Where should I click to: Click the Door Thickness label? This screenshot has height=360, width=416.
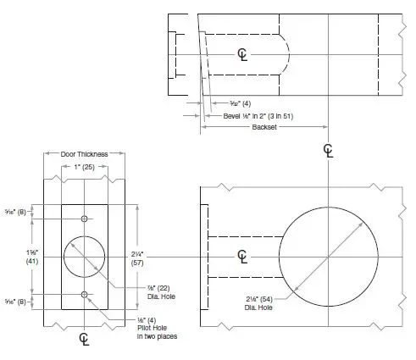[x=84, y=155]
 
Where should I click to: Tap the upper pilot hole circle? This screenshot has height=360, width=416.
[x=84, y=219]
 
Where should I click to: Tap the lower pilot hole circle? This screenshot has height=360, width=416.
[x=84, y=294]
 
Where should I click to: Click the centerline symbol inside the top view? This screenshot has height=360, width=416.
[x=244, y=54]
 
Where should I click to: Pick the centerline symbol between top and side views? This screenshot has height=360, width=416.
[x=328, y=151]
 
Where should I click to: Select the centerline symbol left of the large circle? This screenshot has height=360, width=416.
[x=243, y=256]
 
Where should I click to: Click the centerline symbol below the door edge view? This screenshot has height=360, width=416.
[x=84, y=338]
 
